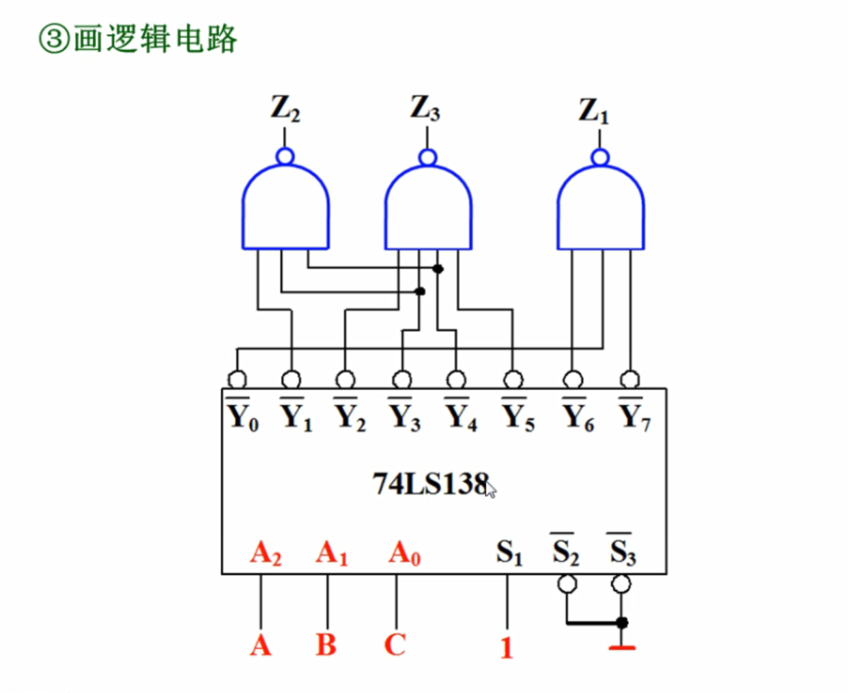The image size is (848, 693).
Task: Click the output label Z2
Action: (x=285, y=108)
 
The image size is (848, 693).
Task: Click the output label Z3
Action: (x=425, y=108)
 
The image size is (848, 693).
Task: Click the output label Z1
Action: (x=593, y=111)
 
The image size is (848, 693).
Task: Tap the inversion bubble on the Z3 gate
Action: (x=427, y=158)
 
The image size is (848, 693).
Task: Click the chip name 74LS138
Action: (x=431, y=484)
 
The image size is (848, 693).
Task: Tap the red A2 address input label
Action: (x=266, y=552)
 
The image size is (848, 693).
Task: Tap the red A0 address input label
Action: (x=404, y=552)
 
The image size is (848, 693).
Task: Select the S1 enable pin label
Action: (x=509, y=552)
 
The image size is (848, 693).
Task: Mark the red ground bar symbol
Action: (x=621, y=647)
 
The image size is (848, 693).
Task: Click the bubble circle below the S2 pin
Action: (x=567, y=584)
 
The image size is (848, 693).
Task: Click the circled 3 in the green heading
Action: (x=54, y=40)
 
